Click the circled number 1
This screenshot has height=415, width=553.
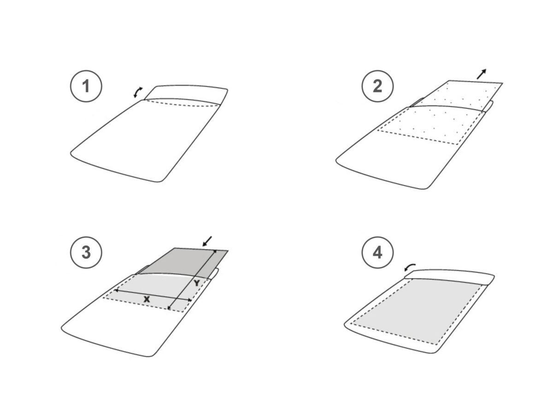86,86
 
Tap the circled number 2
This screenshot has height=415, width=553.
377,86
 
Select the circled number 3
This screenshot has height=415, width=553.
86,252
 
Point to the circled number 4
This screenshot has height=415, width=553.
377,252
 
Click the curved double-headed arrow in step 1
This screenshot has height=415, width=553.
137,92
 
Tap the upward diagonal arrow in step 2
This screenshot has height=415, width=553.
482,74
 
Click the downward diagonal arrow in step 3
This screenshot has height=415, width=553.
207,241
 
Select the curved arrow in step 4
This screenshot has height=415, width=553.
410,267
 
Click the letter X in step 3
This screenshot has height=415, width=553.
147,299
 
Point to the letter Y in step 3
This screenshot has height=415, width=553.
196,283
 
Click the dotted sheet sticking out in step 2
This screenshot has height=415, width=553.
456,95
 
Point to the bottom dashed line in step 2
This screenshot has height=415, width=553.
418,137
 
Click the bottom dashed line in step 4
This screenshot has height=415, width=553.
394,334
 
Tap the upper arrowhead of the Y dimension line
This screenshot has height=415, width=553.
215,251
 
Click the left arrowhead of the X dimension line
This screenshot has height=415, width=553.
116,290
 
